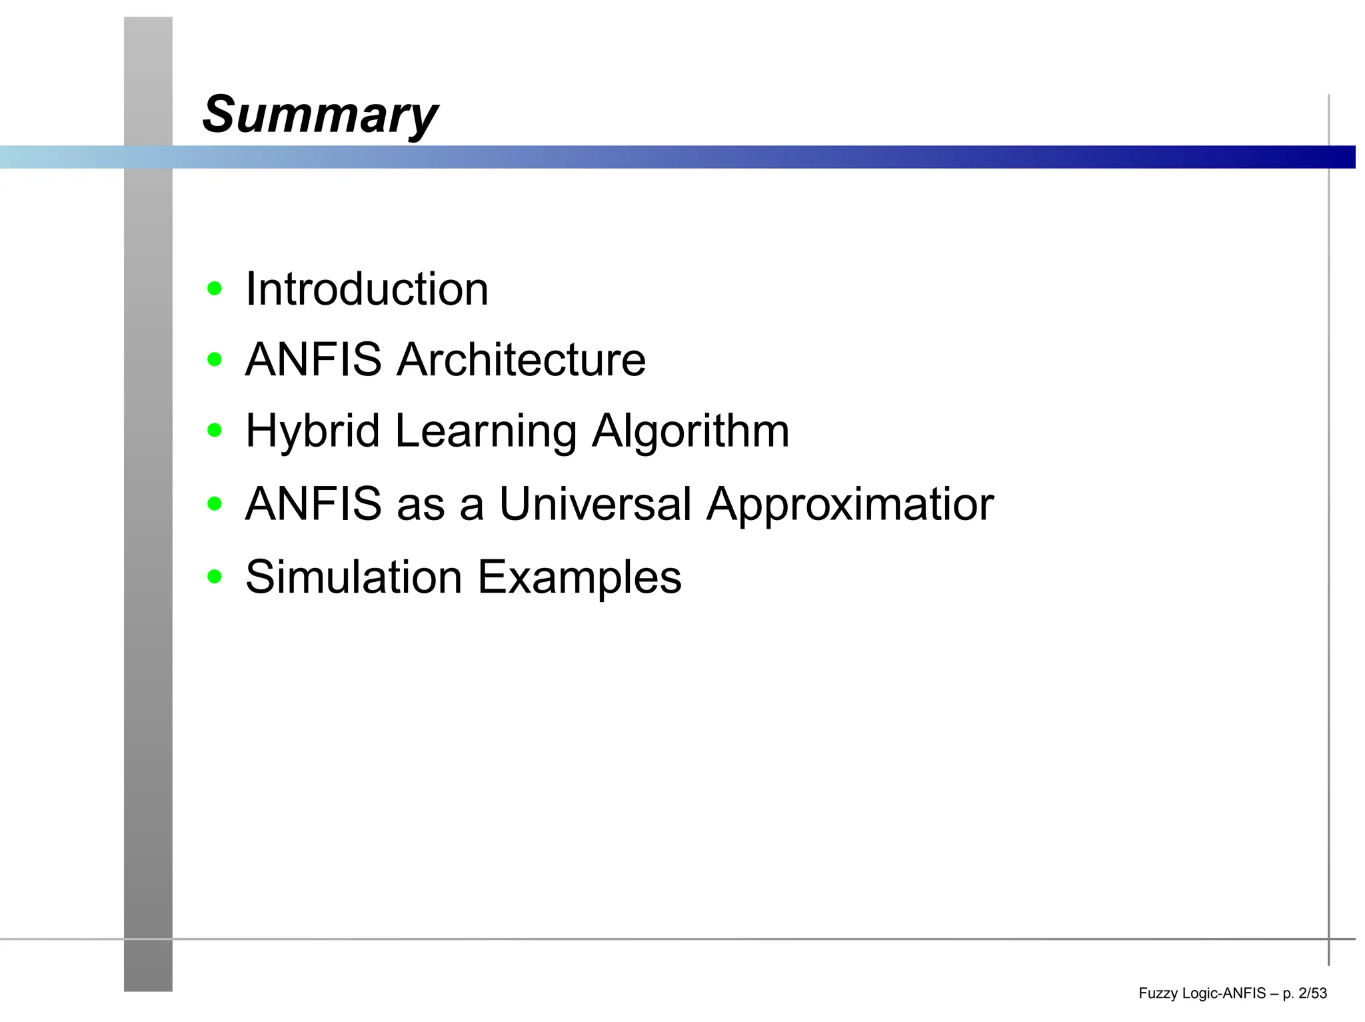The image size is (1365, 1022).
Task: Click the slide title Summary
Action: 320,115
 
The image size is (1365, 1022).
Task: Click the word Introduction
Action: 367,289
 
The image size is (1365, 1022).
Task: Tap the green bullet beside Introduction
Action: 214,289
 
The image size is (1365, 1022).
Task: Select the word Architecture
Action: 521,360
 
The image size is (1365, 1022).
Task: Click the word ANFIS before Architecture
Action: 313,360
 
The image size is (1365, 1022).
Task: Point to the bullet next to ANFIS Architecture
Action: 214,360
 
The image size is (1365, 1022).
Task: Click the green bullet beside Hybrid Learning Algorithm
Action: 214,431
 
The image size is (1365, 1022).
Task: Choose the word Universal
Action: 595,504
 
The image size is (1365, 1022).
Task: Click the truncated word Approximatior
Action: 850,505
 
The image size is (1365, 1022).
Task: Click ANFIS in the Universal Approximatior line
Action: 313,504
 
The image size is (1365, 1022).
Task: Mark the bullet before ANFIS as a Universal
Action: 214,504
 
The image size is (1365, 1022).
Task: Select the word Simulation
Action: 354,577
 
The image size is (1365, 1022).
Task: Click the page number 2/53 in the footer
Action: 1312,993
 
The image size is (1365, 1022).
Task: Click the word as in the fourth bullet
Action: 421,505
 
